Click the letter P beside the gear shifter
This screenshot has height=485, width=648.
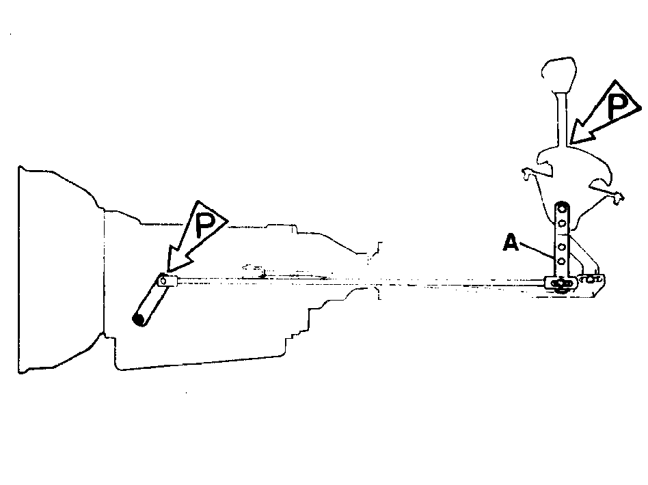point(618,107)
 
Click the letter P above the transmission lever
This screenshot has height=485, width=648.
point(205,225)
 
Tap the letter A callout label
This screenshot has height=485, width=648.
point(511,242)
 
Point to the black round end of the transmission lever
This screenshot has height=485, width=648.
point(139,319)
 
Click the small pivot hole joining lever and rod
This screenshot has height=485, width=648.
point(163,281)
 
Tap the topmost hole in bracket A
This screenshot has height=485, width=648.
point(562,208)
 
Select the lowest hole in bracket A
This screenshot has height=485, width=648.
point(562,261)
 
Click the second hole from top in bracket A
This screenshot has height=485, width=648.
point(562,223)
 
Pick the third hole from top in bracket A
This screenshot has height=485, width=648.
point(562,247)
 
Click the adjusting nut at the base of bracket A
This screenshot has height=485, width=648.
point(561,283)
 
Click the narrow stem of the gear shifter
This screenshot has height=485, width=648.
point(562,120)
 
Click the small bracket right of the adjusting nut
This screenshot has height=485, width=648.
point(591,279)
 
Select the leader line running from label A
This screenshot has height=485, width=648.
point(538,251)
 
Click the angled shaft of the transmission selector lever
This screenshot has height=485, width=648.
point(151,301)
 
